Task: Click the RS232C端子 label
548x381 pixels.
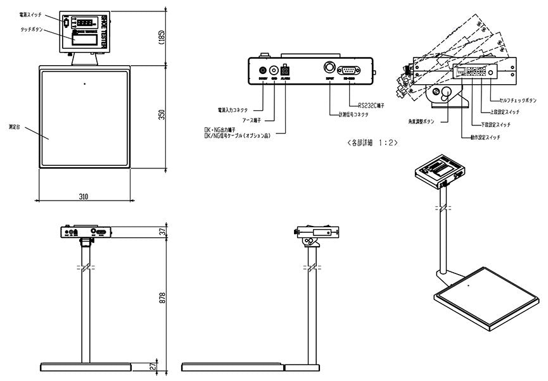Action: pos(371,106)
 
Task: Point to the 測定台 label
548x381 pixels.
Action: pos(15,127)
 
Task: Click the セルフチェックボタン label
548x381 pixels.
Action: pos(518,101)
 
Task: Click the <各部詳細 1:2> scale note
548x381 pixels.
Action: pos(373,142)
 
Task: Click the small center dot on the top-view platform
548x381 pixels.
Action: pos(84,83)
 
